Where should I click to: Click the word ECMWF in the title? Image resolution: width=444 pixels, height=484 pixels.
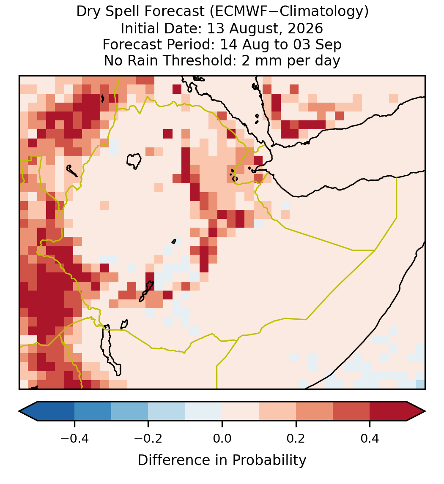pos(238,12)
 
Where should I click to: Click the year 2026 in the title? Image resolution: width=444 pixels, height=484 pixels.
pos(305,28)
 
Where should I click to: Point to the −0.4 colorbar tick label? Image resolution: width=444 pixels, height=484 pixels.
pos(74,438)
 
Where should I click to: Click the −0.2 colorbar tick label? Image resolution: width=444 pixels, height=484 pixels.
pos(148,438)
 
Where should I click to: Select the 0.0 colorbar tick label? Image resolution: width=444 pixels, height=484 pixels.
pos(222,438)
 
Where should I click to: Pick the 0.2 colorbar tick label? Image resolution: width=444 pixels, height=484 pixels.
pos(296,438)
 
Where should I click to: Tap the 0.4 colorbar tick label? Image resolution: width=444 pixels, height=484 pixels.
pos(370,438)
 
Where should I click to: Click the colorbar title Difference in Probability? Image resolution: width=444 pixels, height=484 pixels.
pos(222,460)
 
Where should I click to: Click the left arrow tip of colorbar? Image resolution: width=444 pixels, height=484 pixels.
pos(19,411)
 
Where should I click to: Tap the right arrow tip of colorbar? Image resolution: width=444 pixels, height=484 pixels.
pos(425,411)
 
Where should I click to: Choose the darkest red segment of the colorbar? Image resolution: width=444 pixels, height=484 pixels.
pos(388,411)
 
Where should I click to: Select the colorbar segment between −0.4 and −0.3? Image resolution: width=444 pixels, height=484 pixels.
pos(93,411)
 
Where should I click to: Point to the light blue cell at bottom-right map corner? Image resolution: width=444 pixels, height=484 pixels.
pos(420,384)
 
